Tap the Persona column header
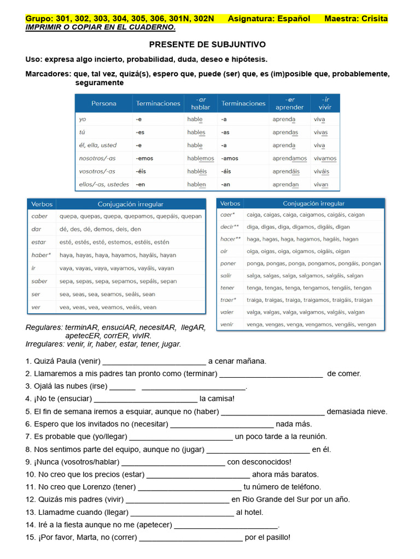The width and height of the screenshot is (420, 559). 103,103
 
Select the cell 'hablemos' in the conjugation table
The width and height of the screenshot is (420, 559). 201,158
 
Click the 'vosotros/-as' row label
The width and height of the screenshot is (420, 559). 97,171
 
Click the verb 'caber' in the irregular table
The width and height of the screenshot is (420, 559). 39,216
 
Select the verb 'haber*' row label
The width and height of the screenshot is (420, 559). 41,255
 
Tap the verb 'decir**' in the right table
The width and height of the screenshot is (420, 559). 229,227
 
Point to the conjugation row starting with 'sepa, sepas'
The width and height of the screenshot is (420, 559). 118,281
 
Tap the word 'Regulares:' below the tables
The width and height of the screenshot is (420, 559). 44,328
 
